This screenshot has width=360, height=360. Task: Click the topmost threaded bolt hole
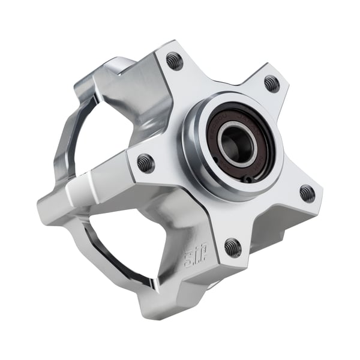pos(174,61)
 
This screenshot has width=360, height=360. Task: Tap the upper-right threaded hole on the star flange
pos(271,83)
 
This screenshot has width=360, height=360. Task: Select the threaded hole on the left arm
pos(146,163)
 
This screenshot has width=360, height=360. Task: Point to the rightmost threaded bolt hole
pos(307,193)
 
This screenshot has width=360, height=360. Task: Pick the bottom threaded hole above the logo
pos(232,247)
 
